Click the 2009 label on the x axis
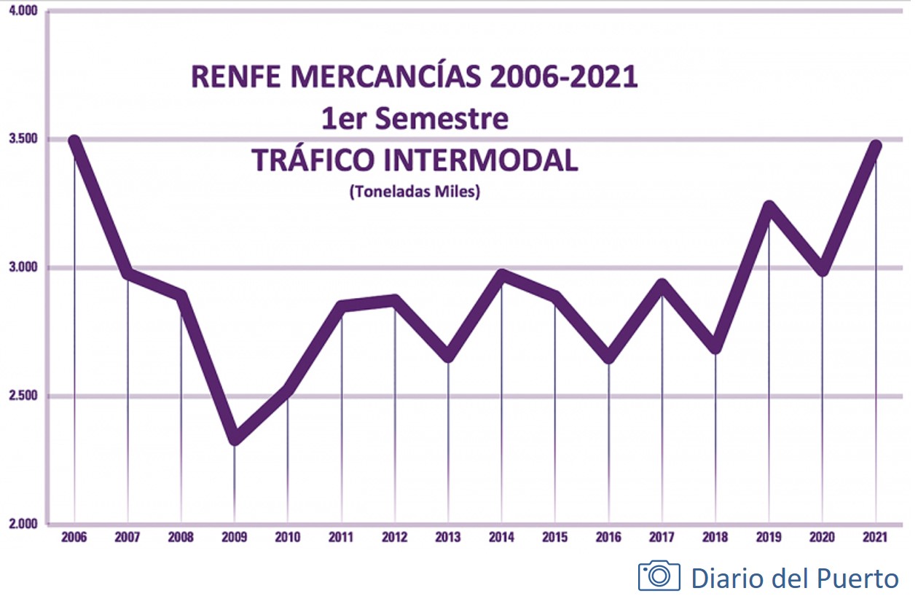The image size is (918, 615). pyautogui.click(x=234, y=538)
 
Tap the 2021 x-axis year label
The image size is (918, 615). pyautogui.click(x=875, y=538)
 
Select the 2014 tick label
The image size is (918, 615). pyautogui.click(x=501, y=538)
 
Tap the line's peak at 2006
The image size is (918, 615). pyautogui.click(x=74, y=141)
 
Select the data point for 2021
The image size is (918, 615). pyautogui.click(x=875, y=146)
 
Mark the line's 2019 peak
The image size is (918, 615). pyautogui.click(x=769, y=206)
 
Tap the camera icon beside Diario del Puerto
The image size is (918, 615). pyautogui.click(x=659, y=576)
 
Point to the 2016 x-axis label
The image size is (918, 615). pyautogui.click(x=608, y=538)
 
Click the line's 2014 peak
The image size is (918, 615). pyautogui.click(x=501, y=275)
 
